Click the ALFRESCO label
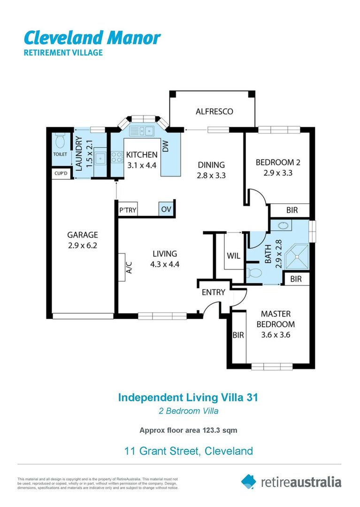pos(214,112)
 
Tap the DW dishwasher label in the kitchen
pos(165,147)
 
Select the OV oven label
pos(166,209)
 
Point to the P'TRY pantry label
pos(128,210)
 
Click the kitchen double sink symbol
pos(142,131)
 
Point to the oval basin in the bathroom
pos(283,226)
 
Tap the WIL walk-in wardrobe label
pos(233,256)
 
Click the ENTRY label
pos(213,292)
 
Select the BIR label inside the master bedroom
pos(238,335)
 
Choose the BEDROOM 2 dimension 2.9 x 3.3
pos(277,173)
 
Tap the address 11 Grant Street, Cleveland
pos(188,451)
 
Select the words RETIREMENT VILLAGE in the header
pos(63,53)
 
